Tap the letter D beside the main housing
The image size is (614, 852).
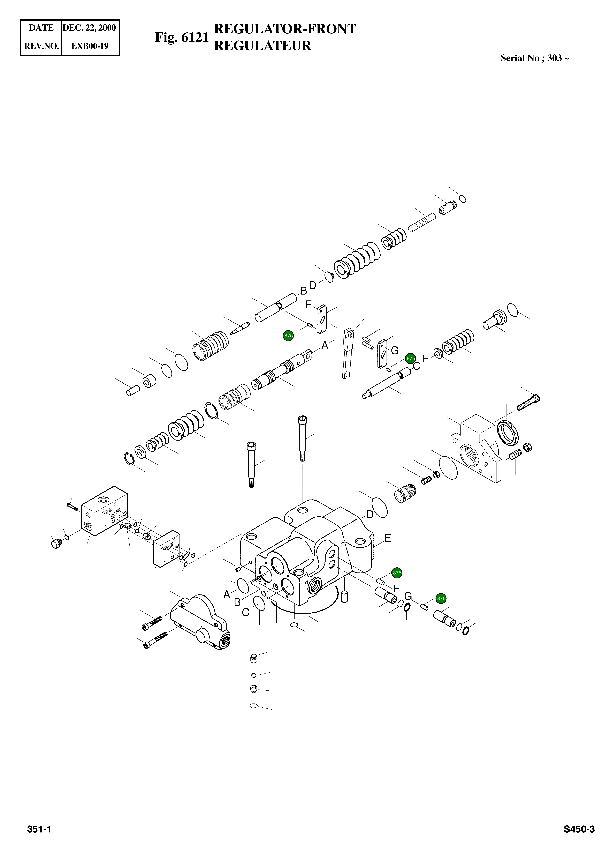[x=370, y=515]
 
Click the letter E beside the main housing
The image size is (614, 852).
[x=388, y=538]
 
